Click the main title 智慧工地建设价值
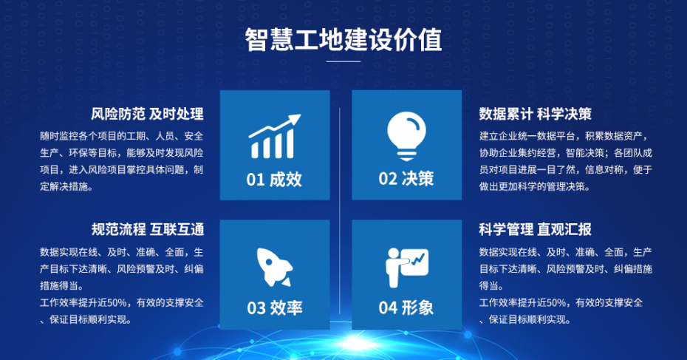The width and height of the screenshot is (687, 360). [343, 40]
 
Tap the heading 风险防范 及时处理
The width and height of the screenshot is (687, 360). [147, 114]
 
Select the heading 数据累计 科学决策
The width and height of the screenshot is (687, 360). [535, 114]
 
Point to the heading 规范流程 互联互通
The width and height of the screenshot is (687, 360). [148, 229]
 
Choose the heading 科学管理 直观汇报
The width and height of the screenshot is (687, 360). [535, 229]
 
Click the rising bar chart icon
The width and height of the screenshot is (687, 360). [275, 136]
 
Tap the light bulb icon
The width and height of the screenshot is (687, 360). [406, 136]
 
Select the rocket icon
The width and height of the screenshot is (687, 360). [275, 267]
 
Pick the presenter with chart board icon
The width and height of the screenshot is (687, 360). [407, 268]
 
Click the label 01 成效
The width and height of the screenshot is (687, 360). [274, 180]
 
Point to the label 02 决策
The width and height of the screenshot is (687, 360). [406, 179]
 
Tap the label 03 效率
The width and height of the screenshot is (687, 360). [275, 308]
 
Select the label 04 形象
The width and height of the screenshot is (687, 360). [406, 308]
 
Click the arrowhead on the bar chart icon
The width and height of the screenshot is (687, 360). [295, 119]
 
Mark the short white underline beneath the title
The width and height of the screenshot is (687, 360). [343, 61]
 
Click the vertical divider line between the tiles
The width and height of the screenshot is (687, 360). [340, 211]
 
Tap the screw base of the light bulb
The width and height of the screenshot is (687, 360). [406, 155]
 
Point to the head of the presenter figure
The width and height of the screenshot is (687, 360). [394, 254]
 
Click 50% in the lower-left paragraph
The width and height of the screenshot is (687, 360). [118, 303]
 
